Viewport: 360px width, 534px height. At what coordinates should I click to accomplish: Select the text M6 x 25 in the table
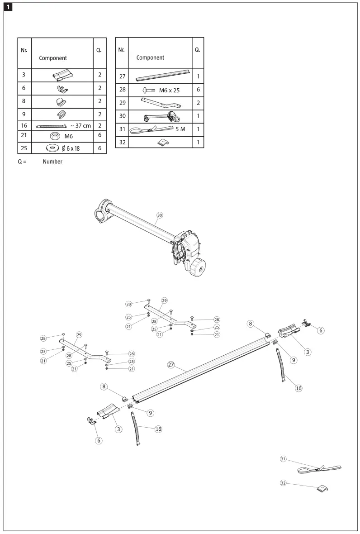[169, 90]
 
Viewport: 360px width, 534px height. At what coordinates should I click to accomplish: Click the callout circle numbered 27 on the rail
[171, 365]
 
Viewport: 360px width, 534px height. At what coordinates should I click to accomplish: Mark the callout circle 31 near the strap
[284, 459]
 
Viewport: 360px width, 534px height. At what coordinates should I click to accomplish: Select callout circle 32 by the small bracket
[284, 483]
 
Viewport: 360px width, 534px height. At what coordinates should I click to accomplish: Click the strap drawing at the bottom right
[320, 469]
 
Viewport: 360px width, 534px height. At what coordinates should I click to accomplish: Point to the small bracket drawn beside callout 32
[322, 488]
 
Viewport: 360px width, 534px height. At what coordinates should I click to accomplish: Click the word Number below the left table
[52, 162]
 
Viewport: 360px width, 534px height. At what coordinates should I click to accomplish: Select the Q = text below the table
[22, 162]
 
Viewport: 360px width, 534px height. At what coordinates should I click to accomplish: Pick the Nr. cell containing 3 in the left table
[24, 75]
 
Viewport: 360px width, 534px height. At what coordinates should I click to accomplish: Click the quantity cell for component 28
[198, 90]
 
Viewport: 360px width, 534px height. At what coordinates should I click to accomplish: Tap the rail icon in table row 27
[162, 76]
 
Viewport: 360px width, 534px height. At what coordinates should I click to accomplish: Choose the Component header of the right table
[150, 57]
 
